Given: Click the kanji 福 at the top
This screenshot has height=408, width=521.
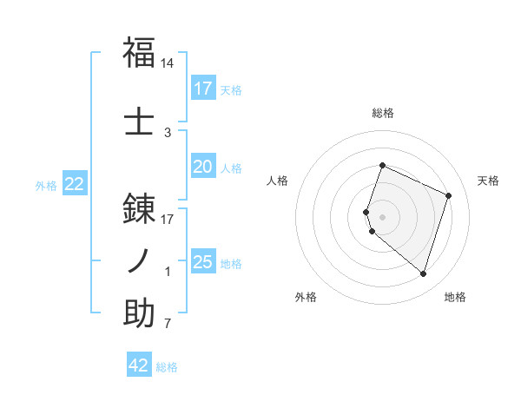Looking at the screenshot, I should click(140, 52).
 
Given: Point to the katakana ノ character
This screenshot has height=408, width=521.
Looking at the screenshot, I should click(140, 260).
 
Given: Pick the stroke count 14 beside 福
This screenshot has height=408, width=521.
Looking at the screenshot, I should click(168, 64).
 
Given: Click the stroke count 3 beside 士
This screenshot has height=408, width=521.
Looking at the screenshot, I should click(168, 132).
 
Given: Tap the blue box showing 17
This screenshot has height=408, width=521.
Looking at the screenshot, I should click(203, 88).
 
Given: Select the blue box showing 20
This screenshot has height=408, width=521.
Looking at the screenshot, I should click(203, 167).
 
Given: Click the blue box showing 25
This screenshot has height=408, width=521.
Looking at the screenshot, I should click(203, 262).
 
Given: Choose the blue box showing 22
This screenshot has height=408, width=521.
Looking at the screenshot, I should click(75, 184).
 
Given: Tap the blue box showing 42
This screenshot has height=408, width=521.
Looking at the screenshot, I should click(139, 365).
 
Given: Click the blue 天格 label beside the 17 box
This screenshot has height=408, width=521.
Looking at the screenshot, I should click(231, 89).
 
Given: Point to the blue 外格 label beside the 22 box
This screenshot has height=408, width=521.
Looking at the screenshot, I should click(46, 185).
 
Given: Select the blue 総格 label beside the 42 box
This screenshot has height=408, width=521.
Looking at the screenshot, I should click(167, 367).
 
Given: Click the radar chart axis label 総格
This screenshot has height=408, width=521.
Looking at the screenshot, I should click(383, 113).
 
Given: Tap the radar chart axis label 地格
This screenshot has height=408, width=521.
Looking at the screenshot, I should click(455, 298).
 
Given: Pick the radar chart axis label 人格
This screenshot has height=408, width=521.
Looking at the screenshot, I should click(277, 181).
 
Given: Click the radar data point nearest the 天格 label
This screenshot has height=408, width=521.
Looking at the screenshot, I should click(449, 195).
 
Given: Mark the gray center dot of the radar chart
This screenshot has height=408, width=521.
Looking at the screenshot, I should click(383, 216).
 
